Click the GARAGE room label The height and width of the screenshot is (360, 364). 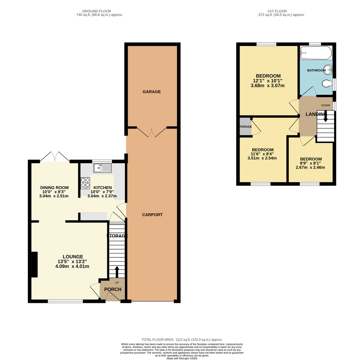pyautogui.click(x=152, y=92)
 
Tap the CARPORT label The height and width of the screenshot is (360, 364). pyautogui.click(x=152, y=215)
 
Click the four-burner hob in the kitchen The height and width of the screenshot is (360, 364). pyautogui.click(x=85, y=183)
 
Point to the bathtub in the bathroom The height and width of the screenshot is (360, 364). pyautogui.click(x=315, y=53)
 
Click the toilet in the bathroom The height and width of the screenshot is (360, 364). pyautogui.click(x=327, y=83)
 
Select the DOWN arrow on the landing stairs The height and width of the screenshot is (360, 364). pyautogui.click(x=325, y=117)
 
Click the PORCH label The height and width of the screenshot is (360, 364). pyautogui.click(x=113, y=289)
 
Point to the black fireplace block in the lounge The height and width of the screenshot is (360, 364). pyautogui.click(x=34, y=264)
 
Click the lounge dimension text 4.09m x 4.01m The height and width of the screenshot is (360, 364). pyautogui.click(x=72, y=267)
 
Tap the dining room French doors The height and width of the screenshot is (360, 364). pyautogui.click(x=55, y=156)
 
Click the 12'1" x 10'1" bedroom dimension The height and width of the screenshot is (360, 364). pyautogui.click(x=268, y=81)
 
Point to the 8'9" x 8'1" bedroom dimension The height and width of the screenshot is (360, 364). pyautogui.click(x=311, y=163)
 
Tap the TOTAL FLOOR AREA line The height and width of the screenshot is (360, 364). pyautogui.click(x=182, y=340)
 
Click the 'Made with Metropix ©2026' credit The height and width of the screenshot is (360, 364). pyautogui.click(x=182, y=358)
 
